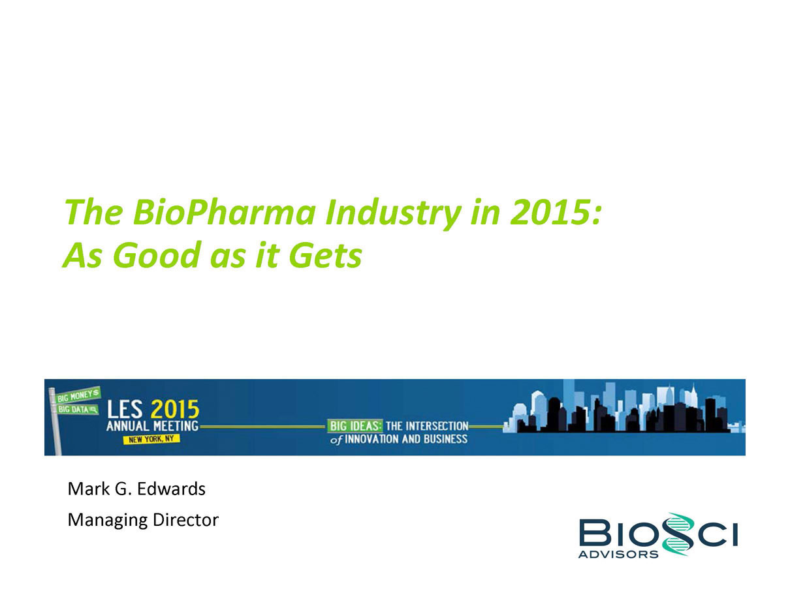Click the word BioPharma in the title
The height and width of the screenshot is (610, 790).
(x=225, y=213)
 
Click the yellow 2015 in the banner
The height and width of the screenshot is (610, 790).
(x=175, y=409)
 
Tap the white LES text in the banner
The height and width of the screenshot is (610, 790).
(x=125, y=409)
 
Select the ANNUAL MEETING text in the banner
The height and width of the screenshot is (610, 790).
(x=152, y=426)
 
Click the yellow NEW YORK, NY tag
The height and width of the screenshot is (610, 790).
(x=151, y=439)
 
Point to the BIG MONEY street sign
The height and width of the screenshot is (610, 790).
(x=78, y=395)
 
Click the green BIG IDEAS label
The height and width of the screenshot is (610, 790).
(x=355, y=426)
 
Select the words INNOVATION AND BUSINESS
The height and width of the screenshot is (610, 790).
(x=406, y=439)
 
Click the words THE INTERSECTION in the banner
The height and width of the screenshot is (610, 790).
(x=427, y=426)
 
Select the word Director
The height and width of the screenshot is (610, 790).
(x=185, y=520)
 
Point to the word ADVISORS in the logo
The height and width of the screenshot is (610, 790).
(x=618, y=555)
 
